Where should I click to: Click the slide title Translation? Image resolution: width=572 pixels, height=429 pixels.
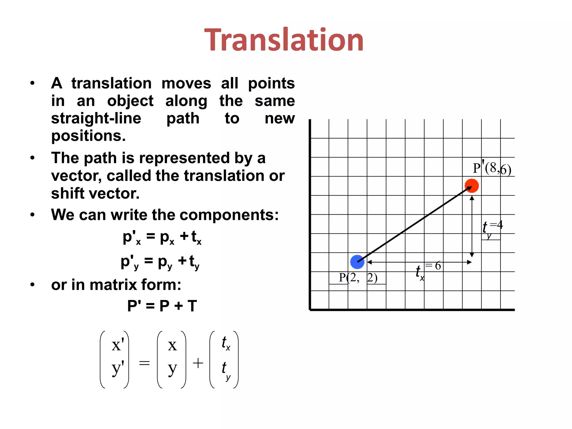pyautogui.click(x=284, y=40)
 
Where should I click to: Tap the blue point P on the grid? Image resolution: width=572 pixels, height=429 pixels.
pyautogui.click(x=357, y=262)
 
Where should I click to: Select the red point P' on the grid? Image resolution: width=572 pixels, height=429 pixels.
pyautogui.click(x=472, y=186)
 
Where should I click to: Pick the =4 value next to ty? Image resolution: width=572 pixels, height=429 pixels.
pyautogui.click(x=496, y=225)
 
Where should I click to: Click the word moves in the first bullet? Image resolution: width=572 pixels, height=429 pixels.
pyautogui.click(x=186, y=83)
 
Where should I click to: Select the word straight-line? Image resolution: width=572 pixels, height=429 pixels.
pyautogui.click(x=96, y=118)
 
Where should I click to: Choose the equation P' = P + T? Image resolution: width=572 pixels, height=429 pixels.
pyautogui.click(x=162, y=306)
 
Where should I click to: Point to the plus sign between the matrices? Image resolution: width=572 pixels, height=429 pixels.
pyautogui.click(x=198, y=363)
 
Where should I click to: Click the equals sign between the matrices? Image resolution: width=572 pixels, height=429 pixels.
pyautogui.click(x=144, y=363)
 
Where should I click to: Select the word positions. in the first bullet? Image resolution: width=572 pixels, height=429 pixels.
pyautogui.click(x=88, y=136)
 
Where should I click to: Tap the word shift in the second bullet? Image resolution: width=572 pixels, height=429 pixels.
pyautogui.click(x=68, y=193)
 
